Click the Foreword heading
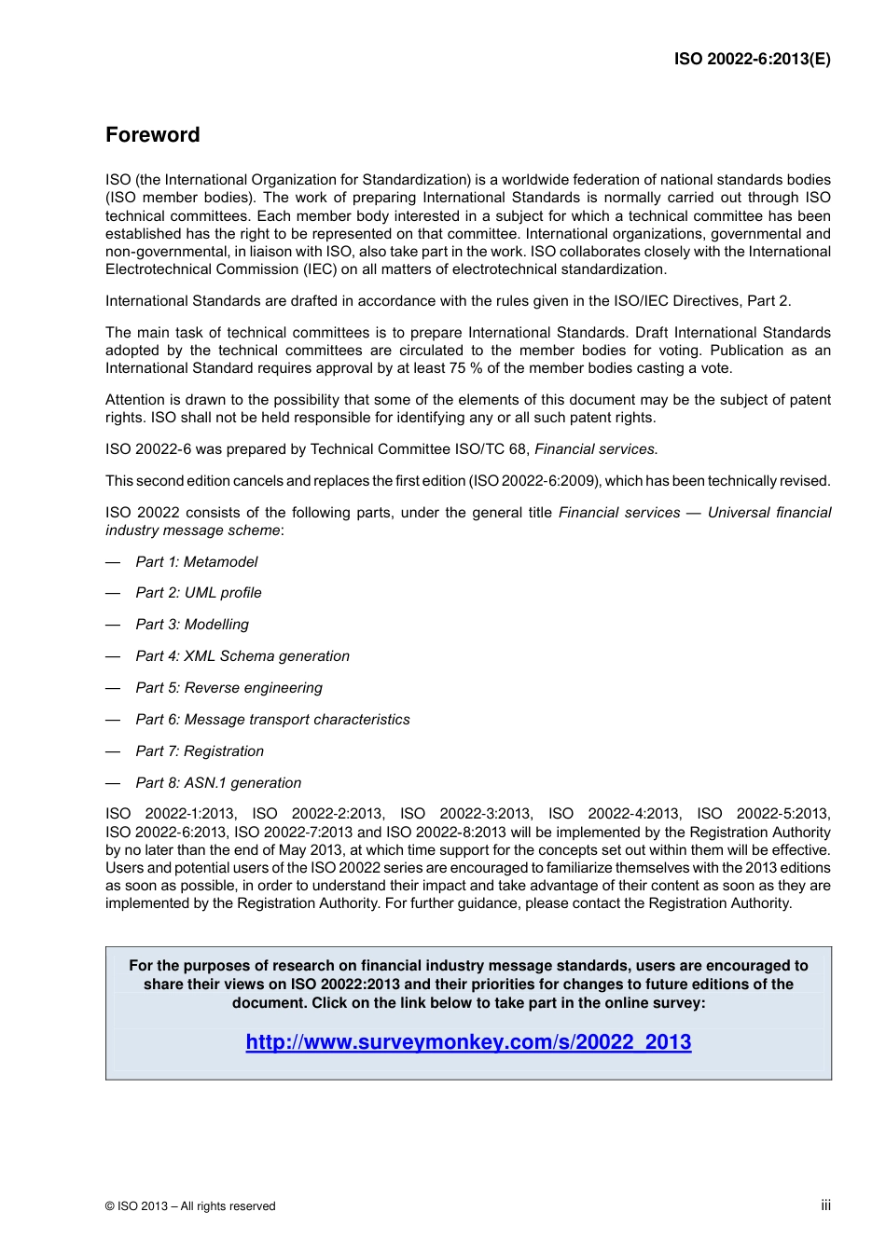pyautogui.click(x=152, y=135)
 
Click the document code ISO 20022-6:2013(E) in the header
pyautogui.click(x=752, y=59)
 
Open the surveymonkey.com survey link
pyautogui.click(x=468, y=1042)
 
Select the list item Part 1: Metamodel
pyautogui.click(x=197, y=561)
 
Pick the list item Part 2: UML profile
pyautogui.click(x=199, y=593)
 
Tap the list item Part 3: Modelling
pyautogui.click(x=192, y=625)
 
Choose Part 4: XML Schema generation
pyautogui.click(x=242, y=656)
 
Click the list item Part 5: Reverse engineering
pyautogui.click(x=228, y=688)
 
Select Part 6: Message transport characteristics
pyautogui.click(x=272, y=720)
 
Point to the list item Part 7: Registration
pyautogui.click(x=200, y=751)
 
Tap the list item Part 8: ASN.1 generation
pyautogui.click(x=218, y=783)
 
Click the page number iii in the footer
pyautogui.click(x=825, y=1205)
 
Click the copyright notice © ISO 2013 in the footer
pyautogui.click(x=190, y=1206)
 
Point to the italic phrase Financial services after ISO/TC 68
pyautogui.click(x=595, y=449)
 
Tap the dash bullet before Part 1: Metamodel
pyautogui.click(x=113, y=561)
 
